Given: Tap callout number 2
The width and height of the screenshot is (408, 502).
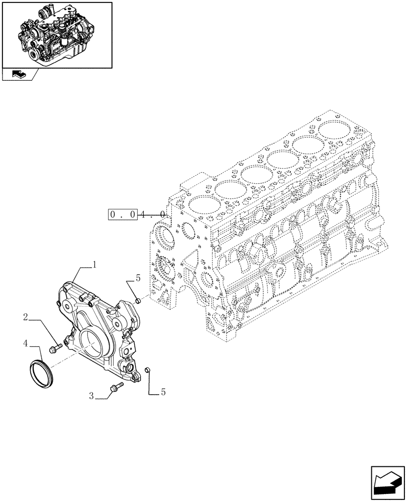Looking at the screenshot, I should (25, 316).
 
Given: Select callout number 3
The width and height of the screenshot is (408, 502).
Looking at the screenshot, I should (91, 396).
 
